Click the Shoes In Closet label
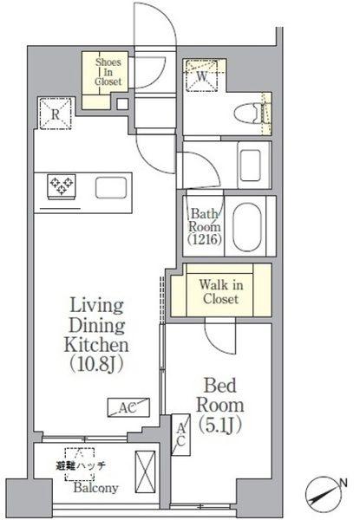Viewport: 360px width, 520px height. click(108, 72)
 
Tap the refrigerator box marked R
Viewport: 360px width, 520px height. click(56, 114)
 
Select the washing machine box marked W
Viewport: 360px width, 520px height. click(201, 75)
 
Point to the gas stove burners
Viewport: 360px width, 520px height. click(62, 185)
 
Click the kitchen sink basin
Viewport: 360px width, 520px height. click(111, 188)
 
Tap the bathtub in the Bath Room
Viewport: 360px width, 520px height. click(247, 226)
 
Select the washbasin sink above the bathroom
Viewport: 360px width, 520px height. click(251, 166)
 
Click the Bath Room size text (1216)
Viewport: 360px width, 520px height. click(205, 239)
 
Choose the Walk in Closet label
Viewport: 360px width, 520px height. click(220, 292)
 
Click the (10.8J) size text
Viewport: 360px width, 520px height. click(96, 364)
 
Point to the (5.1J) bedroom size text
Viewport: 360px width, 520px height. click(219, 426)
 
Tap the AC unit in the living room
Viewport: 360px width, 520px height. click(128, 407)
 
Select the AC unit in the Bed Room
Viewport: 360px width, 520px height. click(180, 435)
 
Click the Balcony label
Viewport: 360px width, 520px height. click(96, 488)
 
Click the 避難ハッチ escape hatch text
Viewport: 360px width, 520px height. click(81, 465)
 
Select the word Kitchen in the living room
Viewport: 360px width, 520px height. click(96, 345)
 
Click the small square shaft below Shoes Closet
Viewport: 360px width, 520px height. click(122, 104)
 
